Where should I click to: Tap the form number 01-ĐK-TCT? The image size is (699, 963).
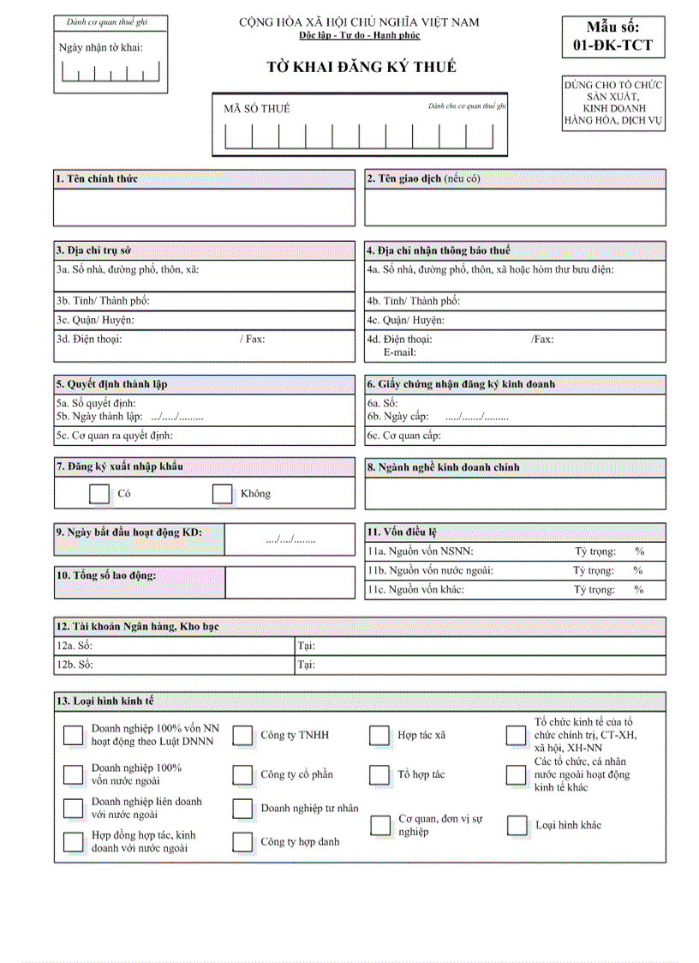coord(612,45)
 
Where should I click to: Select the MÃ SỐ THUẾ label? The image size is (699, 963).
coord(257,108)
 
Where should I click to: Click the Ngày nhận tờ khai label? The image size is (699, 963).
coord(100,47)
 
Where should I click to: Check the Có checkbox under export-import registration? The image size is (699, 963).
coord(99,493)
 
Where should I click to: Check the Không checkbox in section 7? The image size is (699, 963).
coord(223,493)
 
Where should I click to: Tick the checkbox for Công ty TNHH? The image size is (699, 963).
coord(243,736)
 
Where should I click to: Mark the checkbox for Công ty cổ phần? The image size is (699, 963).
coord(243,775)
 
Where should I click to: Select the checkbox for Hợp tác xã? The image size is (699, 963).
coord(379,736)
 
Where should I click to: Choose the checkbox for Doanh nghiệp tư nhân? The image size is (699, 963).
coord(243,809)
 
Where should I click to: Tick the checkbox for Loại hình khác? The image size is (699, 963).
coord(517,826)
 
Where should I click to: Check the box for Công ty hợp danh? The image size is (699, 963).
coord(243,842)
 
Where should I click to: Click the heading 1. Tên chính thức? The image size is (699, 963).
coord(96,178)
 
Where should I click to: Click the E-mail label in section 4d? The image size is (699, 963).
coord(399,352)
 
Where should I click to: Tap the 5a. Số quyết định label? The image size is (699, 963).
coord(96,403)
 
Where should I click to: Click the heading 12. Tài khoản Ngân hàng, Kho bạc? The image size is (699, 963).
coord(138,627)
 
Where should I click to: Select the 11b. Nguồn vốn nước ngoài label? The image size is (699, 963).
coord(430,570)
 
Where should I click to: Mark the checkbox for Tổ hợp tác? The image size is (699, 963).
coord(379,775)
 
